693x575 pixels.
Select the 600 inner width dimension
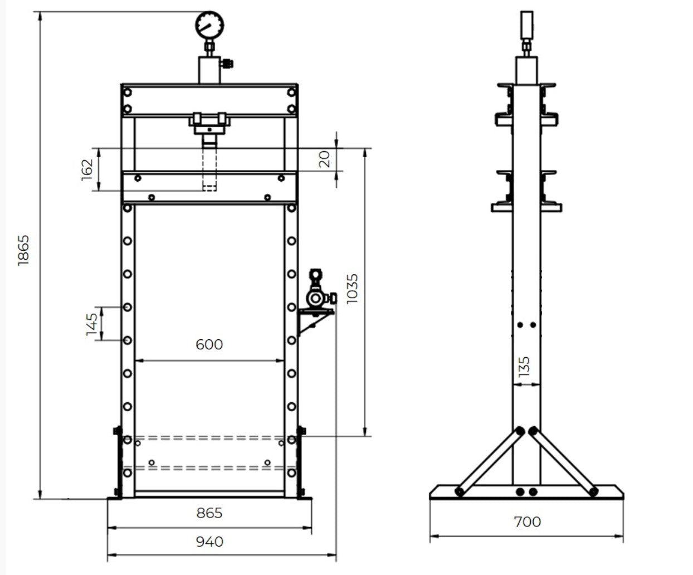click(x=209, y=344)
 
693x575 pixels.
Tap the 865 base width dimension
click(x=209, y=513)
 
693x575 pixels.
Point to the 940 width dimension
click(x=209, y=542)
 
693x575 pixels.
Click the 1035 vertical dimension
click(x=353, y=289)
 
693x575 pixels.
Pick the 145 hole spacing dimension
click(x=92, y=324)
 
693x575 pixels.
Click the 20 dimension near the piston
click(x=326, y=159)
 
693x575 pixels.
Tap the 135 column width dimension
click(x=524, y=367)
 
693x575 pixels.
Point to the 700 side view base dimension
click(x=527, y=522)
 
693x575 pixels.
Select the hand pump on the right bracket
click(x=318, y=293)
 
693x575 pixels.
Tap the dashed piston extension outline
click(x=209, y=167)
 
